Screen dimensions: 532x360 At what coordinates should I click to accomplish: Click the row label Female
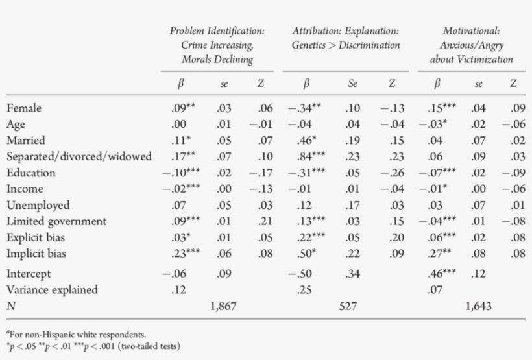pos(24,108)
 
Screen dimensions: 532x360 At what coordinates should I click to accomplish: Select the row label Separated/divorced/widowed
pos(79,157)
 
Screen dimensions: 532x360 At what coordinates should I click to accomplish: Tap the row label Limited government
pos(56,221)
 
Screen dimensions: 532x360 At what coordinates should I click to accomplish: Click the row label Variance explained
pos(52,290)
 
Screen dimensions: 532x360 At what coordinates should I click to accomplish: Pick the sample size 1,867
pos(223,306)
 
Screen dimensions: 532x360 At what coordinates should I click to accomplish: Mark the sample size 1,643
pos(479,306)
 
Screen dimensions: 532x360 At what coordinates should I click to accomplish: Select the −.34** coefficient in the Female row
pos(305,108)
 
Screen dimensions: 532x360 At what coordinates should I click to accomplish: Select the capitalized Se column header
pos(353,83)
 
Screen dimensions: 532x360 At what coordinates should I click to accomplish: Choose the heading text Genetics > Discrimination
pos(345,45)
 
